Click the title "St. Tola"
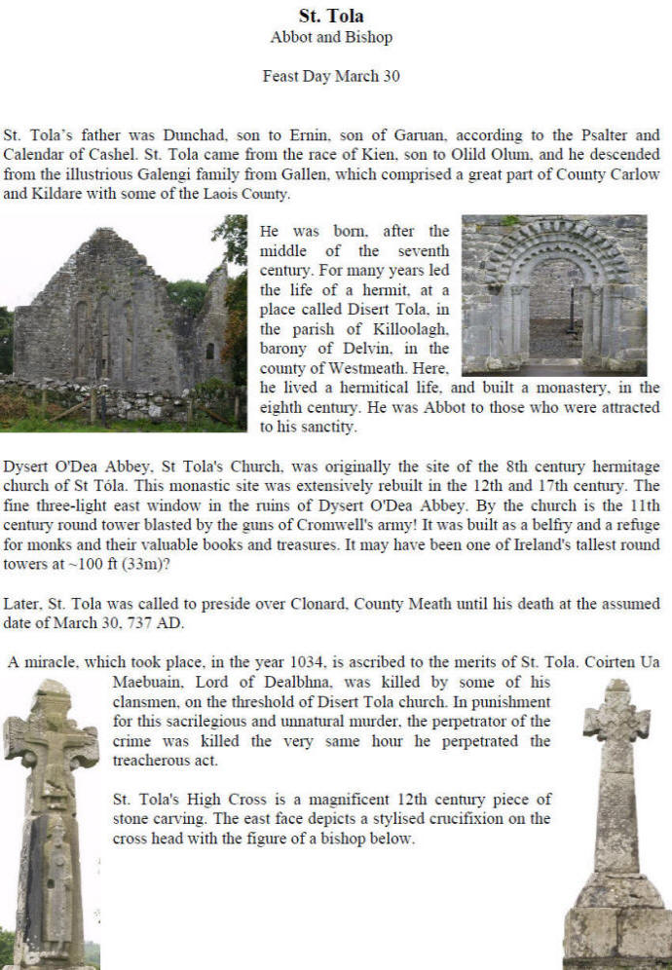click(331, 17)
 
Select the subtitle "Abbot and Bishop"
click(331, 38)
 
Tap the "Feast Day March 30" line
click(331, 76)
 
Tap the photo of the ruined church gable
click(123, 322)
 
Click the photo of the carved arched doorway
click(553, 295)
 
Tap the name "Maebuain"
click(155, 683)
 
